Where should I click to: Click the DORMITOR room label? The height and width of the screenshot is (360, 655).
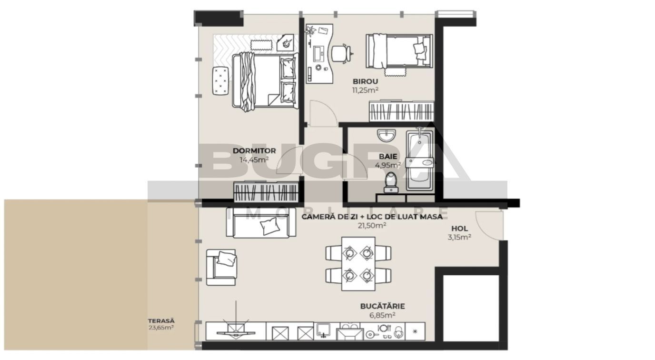254,151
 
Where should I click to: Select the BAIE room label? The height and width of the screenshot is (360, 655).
388,156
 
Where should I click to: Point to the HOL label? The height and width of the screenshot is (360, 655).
459,229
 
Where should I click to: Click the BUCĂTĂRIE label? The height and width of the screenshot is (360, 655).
383,306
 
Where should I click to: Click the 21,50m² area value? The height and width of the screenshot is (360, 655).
372,225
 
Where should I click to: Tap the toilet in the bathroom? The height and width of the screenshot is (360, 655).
391,182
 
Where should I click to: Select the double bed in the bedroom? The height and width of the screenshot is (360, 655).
264,81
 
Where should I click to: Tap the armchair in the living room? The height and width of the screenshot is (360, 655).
221,267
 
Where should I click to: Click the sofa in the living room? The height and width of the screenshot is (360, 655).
261,223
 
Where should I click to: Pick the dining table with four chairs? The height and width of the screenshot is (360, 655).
358,263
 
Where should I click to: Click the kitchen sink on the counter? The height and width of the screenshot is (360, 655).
324,330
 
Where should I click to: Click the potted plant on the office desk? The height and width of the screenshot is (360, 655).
311,31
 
